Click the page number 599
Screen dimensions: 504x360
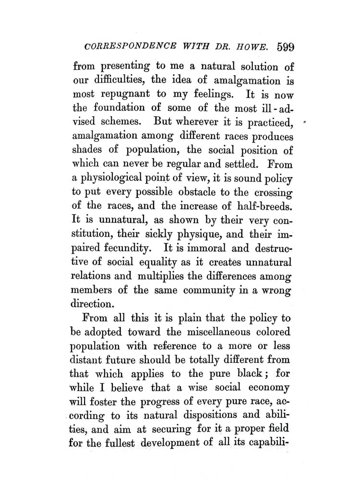tap(285, 47)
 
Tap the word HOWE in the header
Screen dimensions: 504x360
tap(255, 48)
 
